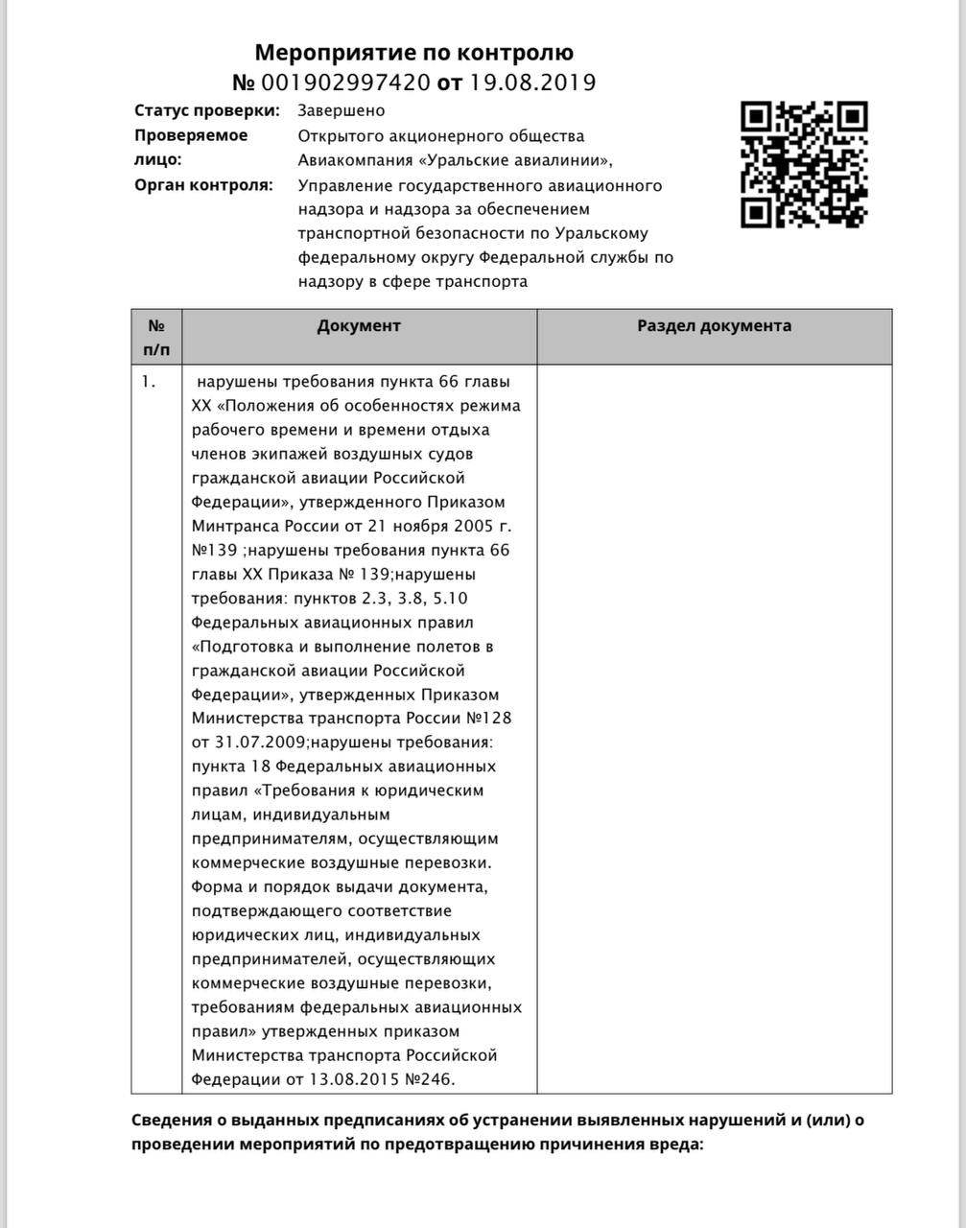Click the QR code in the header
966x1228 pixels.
(x=804, y=164)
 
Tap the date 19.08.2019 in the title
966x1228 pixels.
(x=531, y=83)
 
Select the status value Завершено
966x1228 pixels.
(x=341, y=110)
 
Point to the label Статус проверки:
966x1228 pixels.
(x=207, y=110)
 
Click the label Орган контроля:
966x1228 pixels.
(x=203, y=184)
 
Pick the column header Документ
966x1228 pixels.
(x=359, y=325)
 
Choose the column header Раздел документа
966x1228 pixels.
(x=714, y=325)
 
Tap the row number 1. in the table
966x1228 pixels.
(x=148, y=381)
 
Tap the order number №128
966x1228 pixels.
(x=494, y=718)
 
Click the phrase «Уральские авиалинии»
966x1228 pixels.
(x=527, y=159)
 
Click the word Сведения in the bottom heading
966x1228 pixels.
(x=170, y=1120)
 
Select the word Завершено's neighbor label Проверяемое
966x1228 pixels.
(x=191, y=135)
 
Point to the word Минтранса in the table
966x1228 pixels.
(x=235, y=526)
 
